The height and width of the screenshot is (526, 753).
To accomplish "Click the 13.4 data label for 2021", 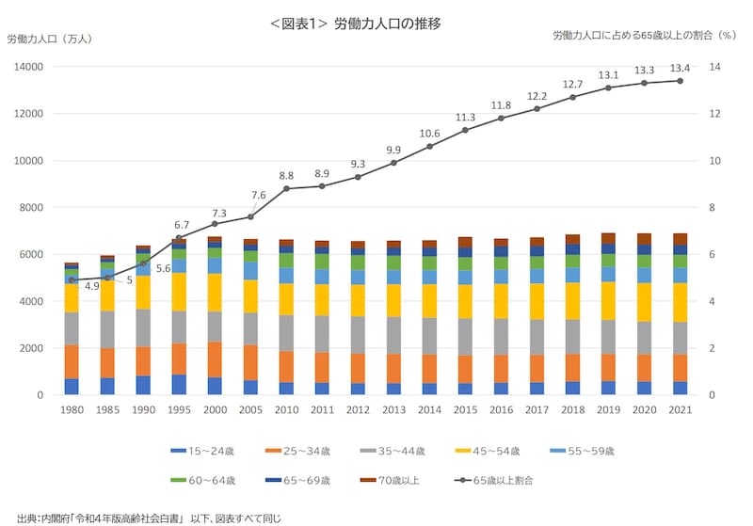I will coord(680,68).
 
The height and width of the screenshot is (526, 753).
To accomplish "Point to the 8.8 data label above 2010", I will coord(286,176).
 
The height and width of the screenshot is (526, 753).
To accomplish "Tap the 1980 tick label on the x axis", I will coord(71,410).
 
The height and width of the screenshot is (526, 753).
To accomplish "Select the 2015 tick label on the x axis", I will coord(465,410).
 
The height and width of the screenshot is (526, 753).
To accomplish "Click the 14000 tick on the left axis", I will coord(28,68).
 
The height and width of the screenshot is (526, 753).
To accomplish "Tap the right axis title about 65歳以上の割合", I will coord(644,35).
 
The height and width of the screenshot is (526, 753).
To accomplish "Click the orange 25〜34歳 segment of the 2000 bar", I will coord(215,359).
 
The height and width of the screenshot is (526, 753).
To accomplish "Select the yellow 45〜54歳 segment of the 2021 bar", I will coord(680,302).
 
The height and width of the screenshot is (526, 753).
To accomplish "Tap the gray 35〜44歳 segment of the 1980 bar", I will coord(71,328).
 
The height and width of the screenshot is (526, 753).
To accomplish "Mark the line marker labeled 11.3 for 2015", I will coord(465,130).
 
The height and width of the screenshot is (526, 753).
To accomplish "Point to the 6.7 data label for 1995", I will coord(182,225).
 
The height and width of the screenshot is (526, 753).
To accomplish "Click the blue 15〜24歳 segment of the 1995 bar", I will coord(179,385).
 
